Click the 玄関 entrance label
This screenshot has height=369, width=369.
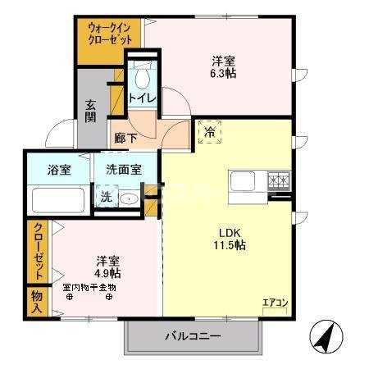(90, 110)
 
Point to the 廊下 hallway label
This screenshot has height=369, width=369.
(125, 139)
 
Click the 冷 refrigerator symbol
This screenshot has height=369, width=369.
(210, 131)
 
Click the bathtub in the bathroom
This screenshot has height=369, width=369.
(57, 201)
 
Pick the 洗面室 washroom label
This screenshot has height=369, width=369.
(123, 170)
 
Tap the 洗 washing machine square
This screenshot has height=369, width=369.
(105, 198)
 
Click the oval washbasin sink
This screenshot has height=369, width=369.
(129, 198)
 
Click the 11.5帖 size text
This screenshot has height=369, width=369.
(225, 244)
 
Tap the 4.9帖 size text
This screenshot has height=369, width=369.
(107, 272)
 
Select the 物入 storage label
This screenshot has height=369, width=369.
(37, 300)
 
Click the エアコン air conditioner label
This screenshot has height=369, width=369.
(275, 303)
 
